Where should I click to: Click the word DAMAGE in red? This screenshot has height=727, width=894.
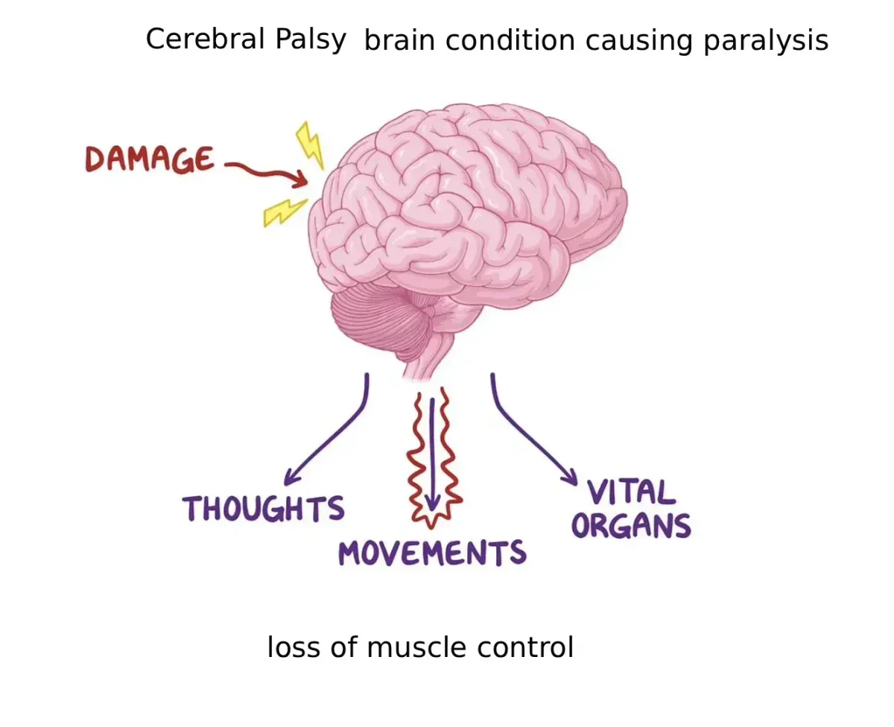(149, 159)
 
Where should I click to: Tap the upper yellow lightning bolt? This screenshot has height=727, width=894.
(309, 145)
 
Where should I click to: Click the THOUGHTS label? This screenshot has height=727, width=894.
(264, 509)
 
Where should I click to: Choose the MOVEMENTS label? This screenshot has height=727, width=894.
(432, 553)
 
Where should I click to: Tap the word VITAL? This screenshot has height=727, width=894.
(630, 493)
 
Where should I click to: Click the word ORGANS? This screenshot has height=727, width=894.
(631, 526)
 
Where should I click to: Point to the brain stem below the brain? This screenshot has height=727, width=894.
(428, 358)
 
